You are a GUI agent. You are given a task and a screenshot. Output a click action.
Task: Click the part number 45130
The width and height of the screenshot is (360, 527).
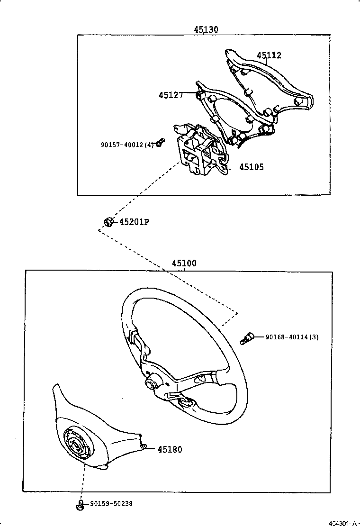(x=206, y=29)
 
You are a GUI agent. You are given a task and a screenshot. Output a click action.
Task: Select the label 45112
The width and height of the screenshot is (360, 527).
(x=269, y=55)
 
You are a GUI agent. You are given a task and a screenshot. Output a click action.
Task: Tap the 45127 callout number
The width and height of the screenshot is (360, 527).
(x=171, y=95)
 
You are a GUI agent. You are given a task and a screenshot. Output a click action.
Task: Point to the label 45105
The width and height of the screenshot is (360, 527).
(x=252, y=167)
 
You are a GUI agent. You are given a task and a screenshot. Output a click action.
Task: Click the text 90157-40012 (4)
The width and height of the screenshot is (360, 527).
(x=127, y=145)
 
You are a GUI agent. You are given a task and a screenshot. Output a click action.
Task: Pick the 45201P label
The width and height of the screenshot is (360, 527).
(x=134, y=222)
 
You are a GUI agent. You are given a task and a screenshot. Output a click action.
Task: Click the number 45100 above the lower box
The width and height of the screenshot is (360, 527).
(x=184, y=263)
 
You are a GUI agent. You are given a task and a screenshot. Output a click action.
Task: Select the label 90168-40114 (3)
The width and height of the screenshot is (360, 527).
(x=292, y=337)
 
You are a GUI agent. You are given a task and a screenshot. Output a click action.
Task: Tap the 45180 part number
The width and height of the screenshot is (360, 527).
(x=170, y=449)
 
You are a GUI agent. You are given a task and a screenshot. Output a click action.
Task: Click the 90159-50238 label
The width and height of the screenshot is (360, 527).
(x=111, y=503)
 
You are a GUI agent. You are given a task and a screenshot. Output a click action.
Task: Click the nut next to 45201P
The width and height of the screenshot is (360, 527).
(x=108, y=222)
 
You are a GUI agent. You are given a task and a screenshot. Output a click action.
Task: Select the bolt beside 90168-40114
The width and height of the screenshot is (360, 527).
(x=247, y=338)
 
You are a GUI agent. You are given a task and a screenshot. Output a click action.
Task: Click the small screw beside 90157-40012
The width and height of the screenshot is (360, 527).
(x=161, y=143)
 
